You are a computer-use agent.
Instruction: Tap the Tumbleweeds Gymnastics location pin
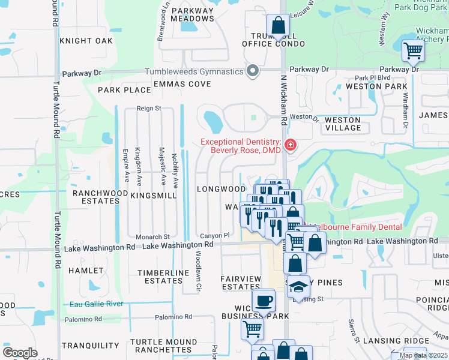coord(253,71)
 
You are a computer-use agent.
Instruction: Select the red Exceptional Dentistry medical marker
coord(291,145)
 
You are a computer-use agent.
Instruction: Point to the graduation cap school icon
coord(298,286)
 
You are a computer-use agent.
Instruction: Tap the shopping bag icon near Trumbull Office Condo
coord(278,25)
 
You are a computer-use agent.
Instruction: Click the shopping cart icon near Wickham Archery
coord(413,51)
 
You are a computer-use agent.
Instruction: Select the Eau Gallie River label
coord(97,304)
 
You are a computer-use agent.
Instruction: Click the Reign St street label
coord(149,109)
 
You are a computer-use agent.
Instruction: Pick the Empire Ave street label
coord(126,166)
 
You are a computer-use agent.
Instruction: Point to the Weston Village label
coord(343,124)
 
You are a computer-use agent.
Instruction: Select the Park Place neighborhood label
coord(124,90)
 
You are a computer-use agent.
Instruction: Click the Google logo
coord(20,353)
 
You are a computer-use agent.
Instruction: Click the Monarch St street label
coord(153,236)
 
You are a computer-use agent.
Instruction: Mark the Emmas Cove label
coord(182,84)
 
